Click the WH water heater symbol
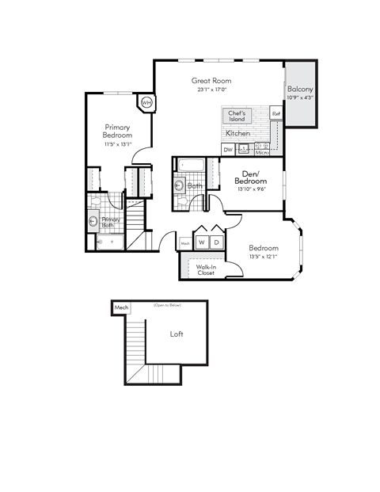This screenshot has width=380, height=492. point(146,102)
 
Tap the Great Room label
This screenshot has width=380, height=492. point(211,81)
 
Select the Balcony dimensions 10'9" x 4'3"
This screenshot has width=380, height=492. point(301,97)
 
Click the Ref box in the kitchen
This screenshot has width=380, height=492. point(276,114)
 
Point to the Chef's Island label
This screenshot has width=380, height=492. point(237,116)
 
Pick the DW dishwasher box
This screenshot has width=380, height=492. point(228,149)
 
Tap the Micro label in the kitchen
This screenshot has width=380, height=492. point(262,151)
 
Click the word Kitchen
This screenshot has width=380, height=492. point(238,134)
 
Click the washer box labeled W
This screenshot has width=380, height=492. point(202,242)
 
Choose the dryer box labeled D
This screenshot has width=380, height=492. point(215,242)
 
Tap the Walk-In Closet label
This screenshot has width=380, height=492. point(207,270)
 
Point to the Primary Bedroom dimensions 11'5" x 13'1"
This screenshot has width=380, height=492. point(117,144)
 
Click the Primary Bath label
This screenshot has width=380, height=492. point(111,222)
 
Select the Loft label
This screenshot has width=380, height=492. point(177,334)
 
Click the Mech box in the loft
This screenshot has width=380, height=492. point(121,307)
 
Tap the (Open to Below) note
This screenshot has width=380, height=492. point(167,305)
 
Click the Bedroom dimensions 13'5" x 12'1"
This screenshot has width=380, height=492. point(264,256)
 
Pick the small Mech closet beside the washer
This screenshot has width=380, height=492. point(185,243)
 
